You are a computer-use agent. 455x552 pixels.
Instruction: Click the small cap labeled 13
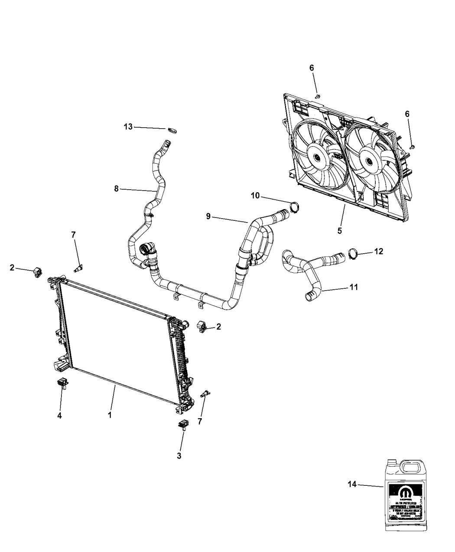(x=173, y=130)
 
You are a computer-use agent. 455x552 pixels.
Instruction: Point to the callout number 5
(x=340, y=231)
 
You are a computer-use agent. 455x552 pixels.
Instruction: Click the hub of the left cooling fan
(x=316, y=158)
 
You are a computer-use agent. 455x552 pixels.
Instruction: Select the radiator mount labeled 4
(x=62, y=384)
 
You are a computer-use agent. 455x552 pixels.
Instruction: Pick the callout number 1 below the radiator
(x=110, y=414)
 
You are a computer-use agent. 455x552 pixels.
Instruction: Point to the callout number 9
(x=208, y=216)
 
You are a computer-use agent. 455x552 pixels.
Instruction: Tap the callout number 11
(x=354, y=287)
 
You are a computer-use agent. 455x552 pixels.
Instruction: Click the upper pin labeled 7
(x=78, y=269)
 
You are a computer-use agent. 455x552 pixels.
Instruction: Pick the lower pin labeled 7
(x=204, y=394)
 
